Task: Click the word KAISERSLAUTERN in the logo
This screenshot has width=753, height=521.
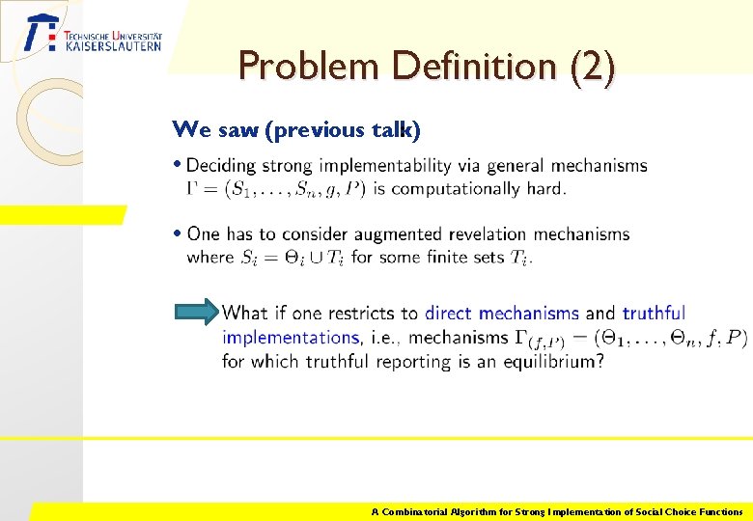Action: click(x=113, y=45)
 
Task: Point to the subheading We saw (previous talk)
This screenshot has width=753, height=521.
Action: click(x=295, y=129)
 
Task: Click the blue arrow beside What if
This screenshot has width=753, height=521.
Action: click(x=197, y=312)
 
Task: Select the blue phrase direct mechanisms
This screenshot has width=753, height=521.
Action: click(x=502, y=313)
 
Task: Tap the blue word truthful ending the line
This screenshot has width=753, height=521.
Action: click(x=654, y=313)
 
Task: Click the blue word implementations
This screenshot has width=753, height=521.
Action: click(x=291, y=338)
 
